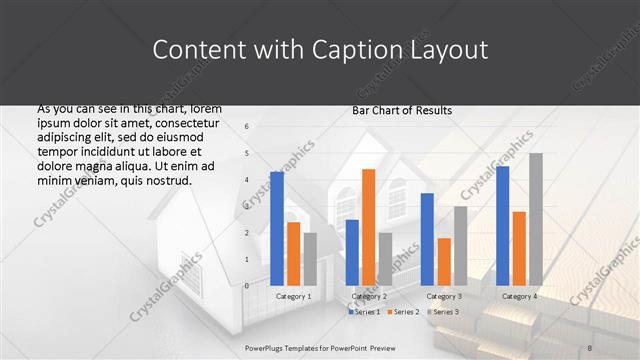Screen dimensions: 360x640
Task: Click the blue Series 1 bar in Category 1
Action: [277, 228]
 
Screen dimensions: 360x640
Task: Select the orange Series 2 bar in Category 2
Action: [369, 227]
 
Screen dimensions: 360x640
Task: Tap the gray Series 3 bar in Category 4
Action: [536, 219]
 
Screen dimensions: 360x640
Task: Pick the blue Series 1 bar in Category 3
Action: [427, 239]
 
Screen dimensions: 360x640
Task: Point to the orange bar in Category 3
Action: [444, 261]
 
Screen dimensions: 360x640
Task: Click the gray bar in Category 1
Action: [310, 259]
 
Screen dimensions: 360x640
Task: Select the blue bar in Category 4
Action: [502, 225]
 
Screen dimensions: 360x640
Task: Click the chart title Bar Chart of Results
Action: [402, 110]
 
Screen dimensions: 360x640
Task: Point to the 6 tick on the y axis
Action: [246, 127]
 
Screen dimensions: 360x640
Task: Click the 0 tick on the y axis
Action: [246, 286]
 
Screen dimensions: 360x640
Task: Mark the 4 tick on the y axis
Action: [246, 180]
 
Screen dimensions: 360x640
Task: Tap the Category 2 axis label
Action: [369, 296]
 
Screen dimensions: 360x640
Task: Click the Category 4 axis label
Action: [519, 296]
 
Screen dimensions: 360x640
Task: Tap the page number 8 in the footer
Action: [618, 347]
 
